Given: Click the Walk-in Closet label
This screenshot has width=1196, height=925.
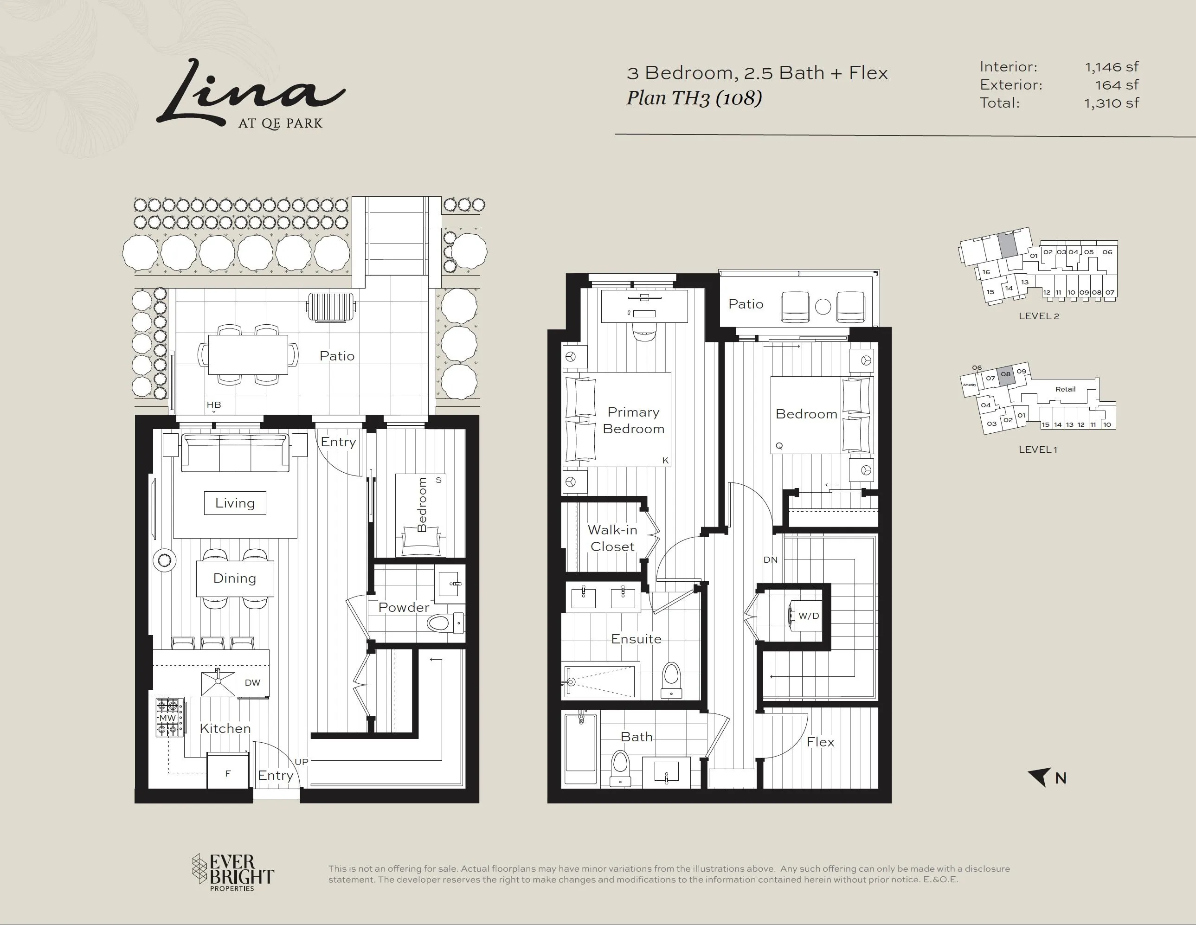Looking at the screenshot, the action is (x=612, y=538).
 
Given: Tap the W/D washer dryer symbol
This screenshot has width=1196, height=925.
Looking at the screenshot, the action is (x=805, y=616).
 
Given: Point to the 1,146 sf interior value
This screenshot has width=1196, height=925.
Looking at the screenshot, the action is (x=1112, y=67).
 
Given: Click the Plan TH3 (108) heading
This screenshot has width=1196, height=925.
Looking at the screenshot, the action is (x=694, y=98).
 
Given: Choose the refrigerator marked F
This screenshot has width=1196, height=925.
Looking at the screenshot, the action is (x=228, y=771).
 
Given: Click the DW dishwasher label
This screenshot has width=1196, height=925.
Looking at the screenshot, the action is (x=252, y=682).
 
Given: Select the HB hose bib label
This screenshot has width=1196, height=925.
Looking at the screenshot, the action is (x=213, y=405).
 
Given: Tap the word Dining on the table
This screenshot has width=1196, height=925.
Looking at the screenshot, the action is (x=234, y=578).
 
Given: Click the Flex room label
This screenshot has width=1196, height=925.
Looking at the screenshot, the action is (x=820, y=742).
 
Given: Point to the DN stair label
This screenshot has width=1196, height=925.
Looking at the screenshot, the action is (x=771, y=560).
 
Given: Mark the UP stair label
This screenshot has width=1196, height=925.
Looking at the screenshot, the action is (x=302, y=761).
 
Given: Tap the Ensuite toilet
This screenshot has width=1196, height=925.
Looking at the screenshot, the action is (x=671, y=680).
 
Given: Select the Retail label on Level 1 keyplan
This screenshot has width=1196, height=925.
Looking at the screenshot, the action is (x=1065, y=389).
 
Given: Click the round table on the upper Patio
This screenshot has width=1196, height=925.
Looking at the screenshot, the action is (x=823, y=307).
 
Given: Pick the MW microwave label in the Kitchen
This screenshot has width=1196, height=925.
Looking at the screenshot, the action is (x=167, y=718).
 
